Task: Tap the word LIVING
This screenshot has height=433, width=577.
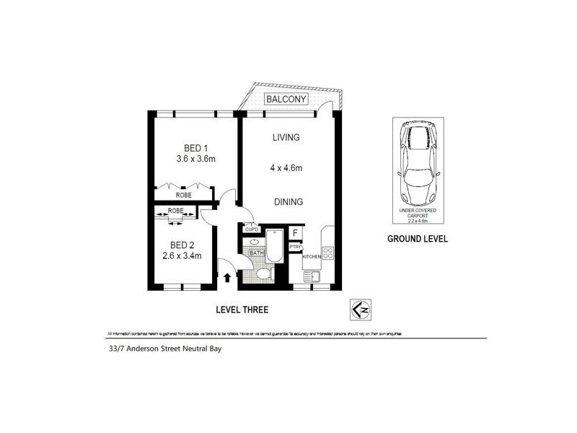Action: pos(286,137)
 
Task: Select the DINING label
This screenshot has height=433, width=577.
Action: pos(288,202)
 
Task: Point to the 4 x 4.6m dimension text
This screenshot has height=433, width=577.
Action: pos(286,169)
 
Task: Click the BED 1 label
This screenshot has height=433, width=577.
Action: pos(191,147)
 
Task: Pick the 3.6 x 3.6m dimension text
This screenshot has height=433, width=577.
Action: pos(196,159)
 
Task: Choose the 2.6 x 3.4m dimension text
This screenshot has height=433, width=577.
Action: pos(182,255)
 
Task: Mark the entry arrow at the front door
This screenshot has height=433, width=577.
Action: pos(229,276)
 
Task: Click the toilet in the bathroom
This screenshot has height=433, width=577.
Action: pos(265,275)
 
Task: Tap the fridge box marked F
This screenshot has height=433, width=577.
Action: pos(295,233)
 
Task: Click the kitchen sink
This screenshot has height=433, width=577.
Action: pos(313,276)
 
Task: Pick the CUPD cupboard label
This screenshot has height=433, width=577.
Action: pos(252,229)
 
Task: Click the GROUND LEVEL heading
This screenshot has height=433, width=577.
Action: pos(418,239)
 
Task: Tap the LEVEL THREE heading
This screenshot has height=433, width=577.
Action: pos(242,310)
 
